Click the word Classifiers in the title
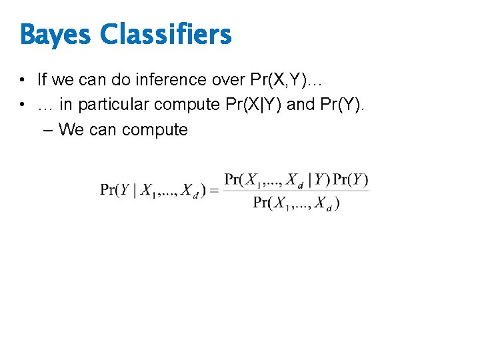coord(166,34)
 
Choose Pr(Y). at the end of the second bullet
coord(346,105)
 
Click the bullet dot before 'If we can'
coord(23,81)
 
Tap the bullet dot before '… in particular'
coord(23,105)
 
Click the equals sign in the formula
coord(214,191)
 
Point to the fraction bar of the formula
coord(296,191)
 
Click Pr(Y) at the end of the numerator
coord(351,179)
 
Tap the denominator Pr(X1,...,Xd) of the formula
coord(296,203)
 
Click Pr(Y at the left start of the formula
coord(117,190)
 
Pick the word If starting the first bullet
coord(43,80)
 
